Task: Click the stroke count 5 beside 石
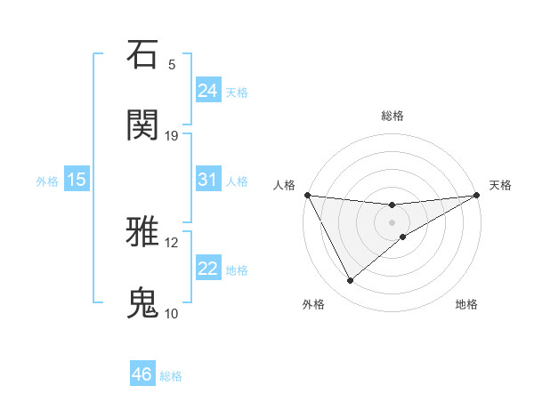pyautogui.click(x=172, y=65)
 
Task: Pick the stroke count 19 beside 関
pyautogui.click(x=172, y=135)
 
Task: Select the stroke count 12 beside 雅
pyautogui.click(x=172, y=242)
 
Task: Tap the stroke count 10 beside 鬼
pyautogui.click(x=172, y=313)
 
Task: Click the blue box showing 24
pyautogui.click(x=208, y=90)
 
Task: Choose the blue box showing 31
pyautogui.click(x=208, y=180)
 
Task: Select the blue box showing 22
pyautogui.click(x=208, y=269)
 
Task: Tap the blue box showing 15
pyautogui.click(x=77, y=180)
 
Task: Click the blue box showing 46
pyautogui.click(x=142, y=374)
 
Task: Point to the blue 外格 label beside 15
pyautogui.click(x=47, y=181)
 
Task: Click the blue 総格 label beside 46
pyautogui.click(x=171, y=375)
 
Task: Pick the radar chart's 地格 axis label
pyautogui.click(x=466, y=304)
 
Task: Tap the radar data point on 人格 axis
pyautogui.click(x=307, y=194)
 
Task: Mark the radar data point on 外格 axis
pyautogui.click(x=350, y=280)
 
